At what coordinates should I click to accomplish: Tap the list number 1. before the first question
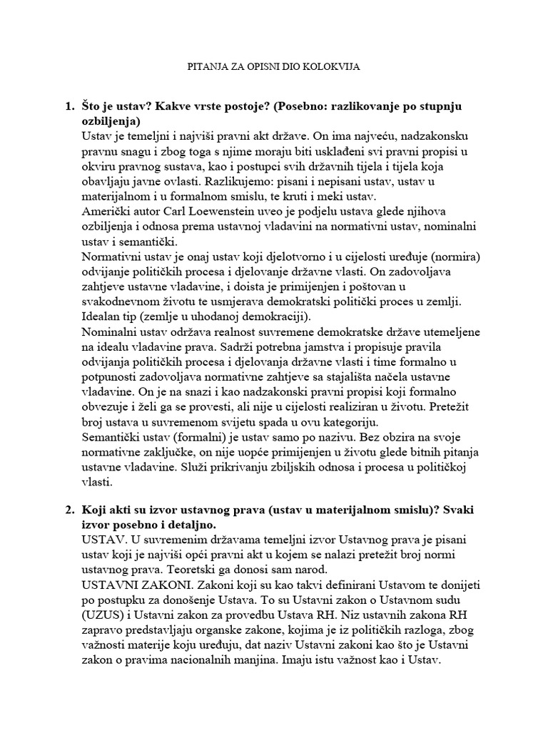tap(69, 106)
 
